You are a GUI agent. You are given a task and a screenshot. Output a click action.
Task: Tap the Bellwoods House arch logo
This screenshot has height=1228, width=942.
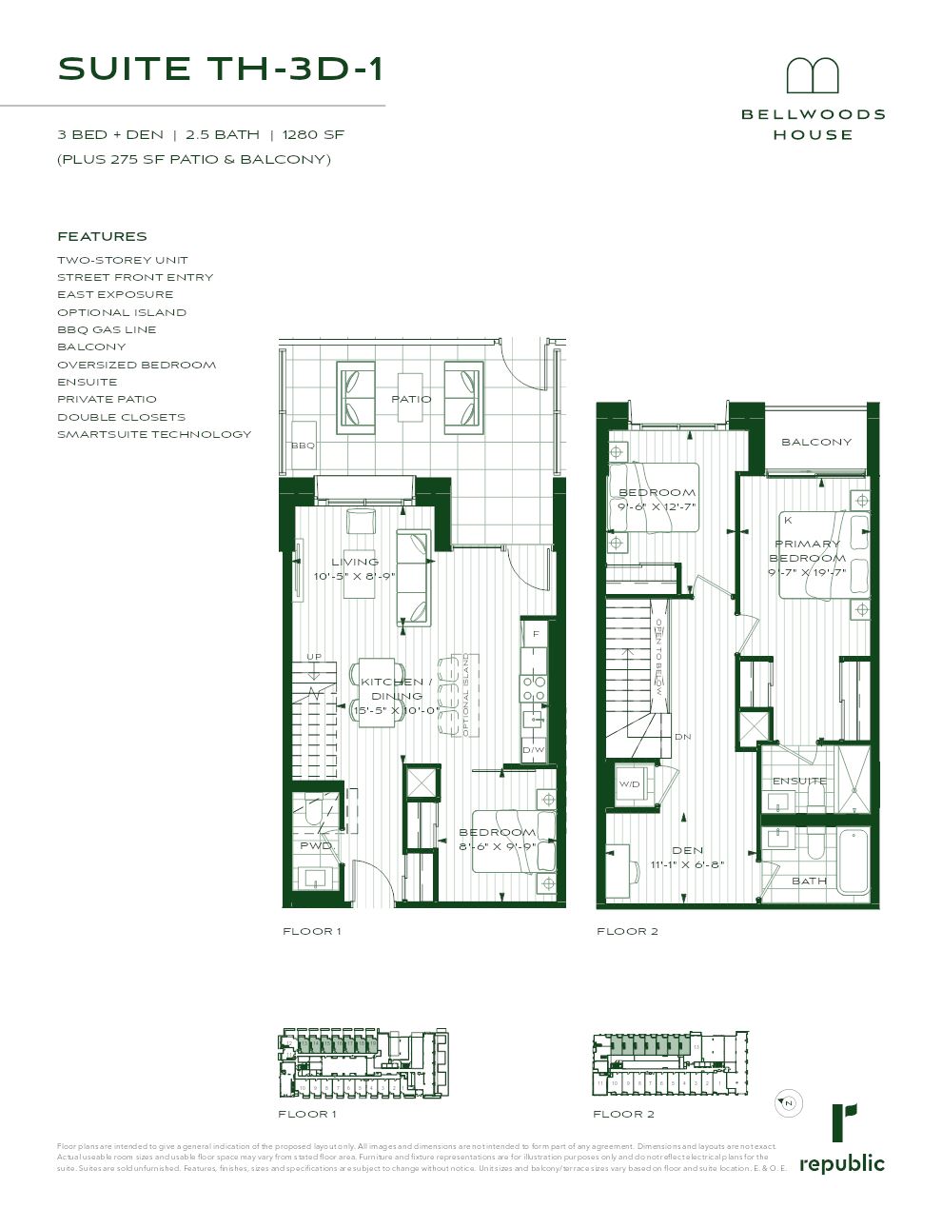pyautogui.click(x=812, y=77)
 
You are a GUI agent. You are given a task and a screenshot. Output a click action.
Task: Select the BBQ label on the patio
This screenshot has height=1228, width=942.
pyautogui.click(x=303, y=445)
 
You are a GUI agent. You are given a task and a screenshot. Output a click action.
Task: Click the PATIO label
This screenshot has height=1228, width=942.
pyautogui.click(x=411, y=399)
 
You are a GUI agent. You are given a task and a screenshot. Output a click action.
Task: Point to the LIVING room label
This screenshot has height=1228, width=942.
pyautogui.click(x=354, y=562)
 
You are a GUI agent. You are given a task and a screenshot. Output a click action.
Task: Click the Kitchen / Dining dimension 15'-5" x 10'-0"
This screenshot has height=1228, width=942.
pyautogui.click(x=396, y=711)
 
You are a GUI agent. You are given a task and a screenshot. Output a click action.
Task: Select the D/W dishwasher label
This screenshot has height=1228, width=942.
pyautogui.click(x=533, y=751)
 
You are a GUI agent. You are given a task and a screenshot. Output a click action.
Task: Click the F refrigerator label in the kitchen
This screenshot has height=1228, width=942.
pyautogui.click(x=536, y=634)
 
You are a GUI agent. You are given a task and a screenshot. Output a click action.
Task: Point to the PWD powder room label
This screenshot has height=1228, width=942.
pyautogui.click(x=316, y=845)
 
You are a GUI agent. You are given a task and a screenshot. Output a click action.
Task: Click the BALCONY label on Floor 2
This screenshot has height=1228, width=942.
pyautogui.click(x=816, y=442)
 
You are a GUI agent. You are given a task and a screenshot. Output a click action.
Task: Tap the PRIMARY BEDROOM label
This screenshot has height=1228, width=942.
pyautogui.click(x=807, y=551)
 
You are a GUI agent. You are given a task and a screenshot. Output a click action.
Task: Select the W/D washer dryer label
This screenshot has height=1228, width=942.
pyautogui.click(x=629, y=784)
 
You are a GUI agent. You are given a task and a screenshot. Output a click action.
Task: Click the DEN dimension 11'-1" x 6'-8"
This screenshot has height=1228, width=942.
pyautogui.click(x=687, y=865)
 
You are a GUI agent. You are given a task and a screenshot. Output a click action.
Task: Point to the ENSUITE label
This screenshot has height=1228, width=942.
pyautogui.click(x=799, y=781)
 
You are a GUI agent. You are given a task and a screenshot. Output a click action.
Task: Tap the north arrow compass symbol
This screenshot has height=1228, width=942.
pyautogui.click(x=787, y=1102)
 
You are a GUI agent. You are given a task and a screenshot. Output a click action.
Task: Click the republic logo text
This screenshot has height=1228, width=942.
pyautogui.click(x=841, y=1163)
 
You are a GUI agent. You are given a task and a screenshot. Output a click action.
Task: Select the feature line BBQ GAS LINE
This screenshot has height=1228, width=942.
pyautogui.click(x=107, y=329)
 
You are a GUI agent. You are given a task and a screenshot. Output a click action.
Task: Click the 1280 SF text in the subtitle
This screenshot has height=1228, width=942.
pyautogui.click(x=313, y=135)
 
